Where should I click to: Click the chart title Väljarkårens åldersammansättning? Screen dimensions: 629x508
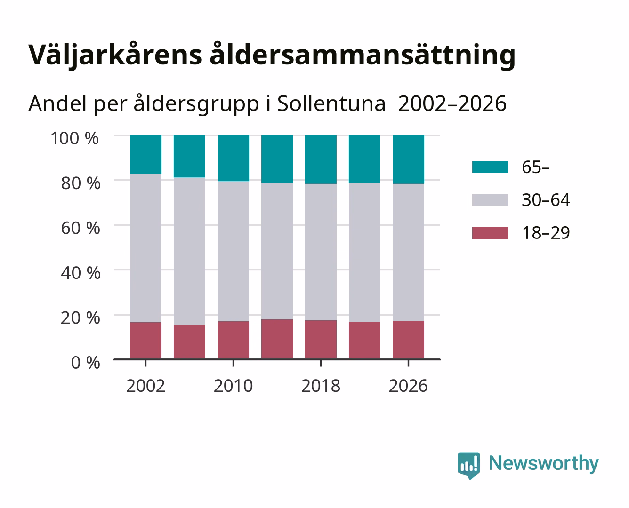[272, 55]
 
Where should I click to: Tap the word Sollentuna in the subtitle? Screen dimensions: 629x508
[331, 104]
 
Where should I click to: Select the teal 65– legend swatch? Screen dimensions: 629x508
[490, 167]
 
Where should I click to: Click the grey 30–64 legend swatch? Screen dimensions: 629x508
[490, 200]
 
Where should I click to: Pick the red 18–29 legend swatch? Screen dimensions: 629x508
[490, 233]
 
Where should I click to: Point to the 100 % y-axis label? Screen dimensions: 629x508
[75, 138]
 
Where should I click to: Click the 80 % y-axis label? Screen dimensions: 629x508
[81, 183]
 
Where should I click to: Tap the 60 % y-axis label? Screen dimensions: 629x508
[81, 228]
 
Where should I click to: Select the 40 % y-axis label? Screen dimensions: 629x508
[81, 273]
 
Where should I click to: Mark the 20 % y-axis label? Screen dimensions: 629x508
[81, 317]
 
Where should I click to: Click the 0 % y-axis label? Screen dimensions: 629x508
[85, 363]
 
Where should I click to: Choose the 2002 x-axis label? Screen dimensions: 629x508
[145, 386]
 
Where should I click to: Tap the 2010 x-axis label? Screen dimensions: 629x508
[234, 386]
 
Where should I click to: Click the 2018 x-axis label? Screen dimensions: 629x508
[321, 386]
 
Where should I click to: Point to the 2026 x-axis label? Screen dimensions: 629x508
[408, 386]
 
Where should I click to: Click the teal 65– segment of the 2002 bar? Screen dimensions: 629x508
[146, 155]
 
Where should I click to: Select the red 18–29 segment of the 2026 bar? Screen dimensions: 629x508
[408, 340]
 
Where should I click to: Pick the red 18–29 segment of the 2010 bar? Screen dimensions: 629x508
[234, 340]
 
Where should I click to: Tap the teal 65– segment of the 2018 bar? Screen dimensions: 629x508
[321, 159]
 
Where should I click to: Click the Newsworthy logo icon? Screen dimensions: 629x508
[468, 466]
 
